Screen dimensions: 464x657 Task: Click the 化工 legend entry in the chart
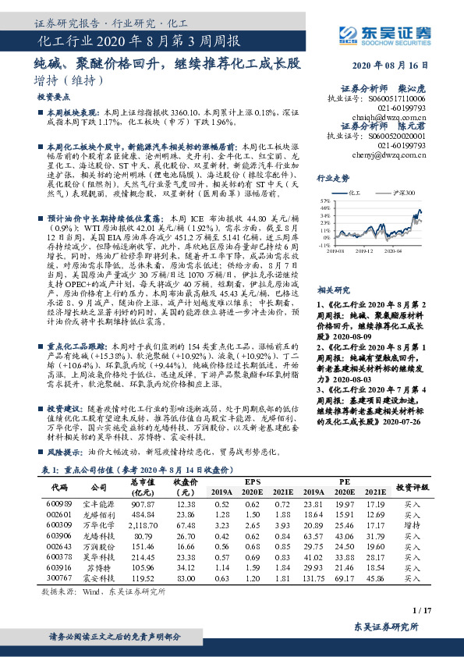click(357, 190)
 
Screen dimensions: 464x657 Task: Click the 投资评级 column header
click(413, 487)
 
